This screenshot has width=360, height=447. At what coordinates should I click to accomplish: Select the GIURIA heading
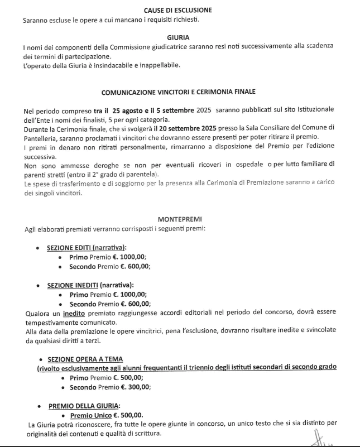[x=177, y=37]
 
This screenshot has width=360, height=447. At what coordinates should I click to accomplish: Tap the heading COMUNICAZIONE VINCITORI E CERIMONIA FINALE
[x=177, y=91]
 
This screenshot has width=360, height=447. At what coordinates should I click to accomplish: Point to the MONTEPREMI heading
[x=179, y=219]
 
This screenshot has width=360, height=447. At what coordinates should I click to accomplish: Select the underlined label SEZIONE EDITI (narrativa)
[x=87, y=247]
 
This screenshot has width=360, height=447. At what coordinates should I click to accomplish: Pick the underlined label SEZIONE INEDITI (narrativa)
[x=90, y=285]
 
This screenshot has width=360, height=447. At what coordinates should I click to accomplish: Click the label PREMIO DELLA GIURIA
[x=84, y=406]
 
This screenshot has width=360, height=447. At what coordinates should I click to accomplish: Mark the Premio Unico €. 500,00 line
[x=107, y=415]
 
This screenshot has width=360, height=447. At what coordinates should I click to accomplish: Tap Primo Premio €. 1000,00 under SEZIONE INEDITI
[x=108, y=295]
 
